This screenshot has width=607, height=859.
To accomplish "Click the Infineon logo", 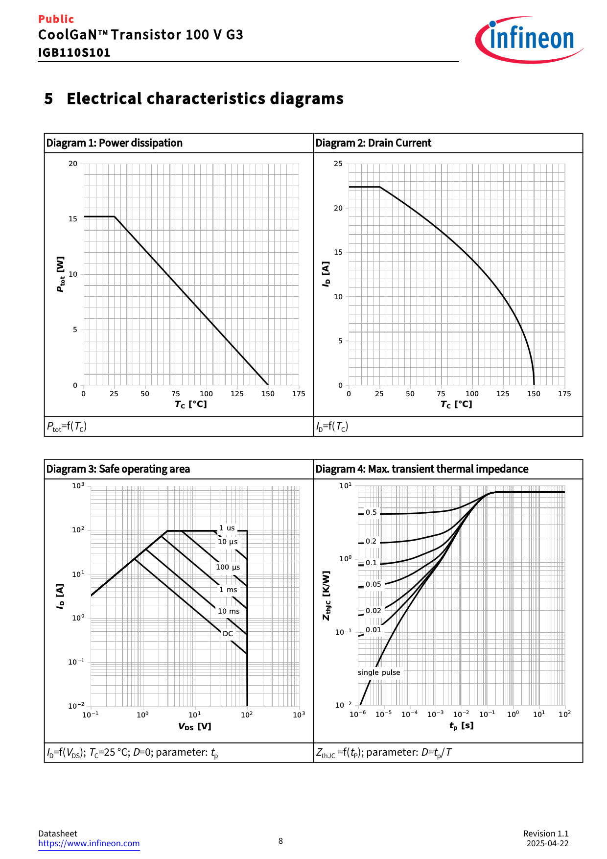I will pyautogui.click(x=529, y=39).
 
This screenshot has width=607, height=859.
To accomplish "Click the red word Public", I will pyautogui.click(x=56, y=19).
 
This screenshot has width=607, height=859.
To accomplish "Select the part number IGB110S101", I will pyautogui.click(x=74, y=52).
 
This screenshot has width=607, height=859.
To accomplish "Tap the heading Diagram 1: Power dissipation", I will pyautogui.click(x=114, y=143).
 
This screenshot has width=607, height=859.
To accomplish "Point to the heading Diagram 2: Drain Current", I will pyautogui.click(x=373, y=143).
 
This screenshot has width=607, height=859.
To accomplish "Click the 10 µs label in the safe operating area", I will pyautogui.click(x=228, y=541).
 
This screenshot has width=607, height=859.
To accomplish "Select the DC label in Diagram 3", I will pyautogui.click(x=228, y=633).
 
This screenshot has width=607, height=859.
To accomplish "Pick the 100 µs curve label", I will pyautogui.click(x=228, y=567).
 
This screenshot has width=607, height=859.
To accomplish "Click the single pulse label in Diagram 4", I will pyautogui.click(x=379, y=672).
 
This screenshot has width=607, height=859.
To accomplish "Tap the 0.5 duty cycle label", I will pyautogui.click(x=371, y=512).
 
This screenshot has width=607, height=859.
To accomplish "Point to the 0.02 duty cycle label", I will pyautogui.click(x=373, y=611).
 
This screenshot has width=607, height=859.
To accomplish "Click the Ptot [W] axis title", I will pyautogui.click(x=61, y=274).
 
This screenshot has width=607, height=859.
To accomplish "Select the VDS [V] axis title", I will pyautogui.click(x=194, y=726).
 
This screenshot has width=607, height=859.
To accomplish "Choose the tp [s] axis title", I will pyautogui.click(x=461, y=725).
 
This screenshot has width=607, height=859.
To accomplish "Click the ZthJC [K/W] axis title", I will pyautogui.click(x=327, y=595).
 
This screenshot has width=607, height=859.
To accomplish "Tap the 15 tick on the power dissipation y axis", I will pyautogui.click(x=73, y=219).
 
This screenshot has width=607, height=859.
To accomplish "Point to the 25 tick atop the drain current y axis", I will pyautogui.click(x=338, y=164).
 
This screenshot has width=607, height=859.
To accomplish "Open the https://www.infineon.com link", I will pyautogui.click(x=89, y=843).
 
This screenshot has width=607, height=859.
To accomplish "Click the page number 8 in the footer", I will pyautogui.click(x=280, y=841).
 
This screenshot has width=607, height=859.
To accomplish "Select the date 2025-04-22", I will pyautogui.click(x=547, y=843).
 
